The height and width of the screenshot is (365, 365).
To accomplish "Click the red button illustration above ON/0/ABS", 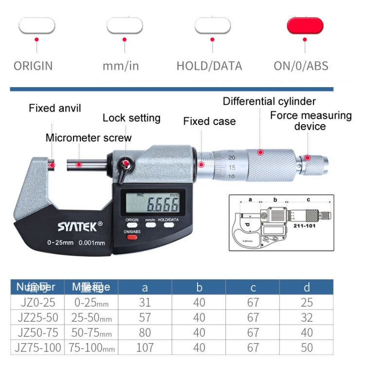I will pyautogui.click(x=305, y=26).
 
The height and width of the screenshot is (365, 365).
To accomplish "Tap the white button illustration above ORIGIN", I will pyautogui.click(x=36, y=26).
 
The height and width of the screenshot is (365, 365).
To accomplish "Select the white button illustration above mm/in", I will pyautogui.click(x=125, y=26).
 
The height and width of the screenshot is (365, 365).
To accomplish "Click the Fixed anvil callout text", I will pyautogui.click(x=55, y=108).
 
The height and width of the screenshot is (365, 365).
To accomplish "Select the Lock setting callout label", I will pyautogui.click(x=131, y=118).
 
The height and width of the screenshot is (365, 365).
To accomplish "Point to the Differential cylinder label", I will pyautogui.click(x=269, y=101).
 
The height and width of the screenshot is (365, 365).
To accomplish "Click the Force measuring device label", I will pyautogui.click(x=310, y=121).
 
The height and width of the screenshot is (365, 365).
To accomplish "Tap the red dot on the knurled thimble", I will pyautogui.click(x=260, y=152).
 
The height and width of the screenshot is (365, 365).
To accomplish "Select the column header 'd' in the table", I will pyautogui.click(x=306, y=288).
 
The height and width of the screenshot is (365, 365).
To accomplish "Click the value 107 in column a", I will pyautogui.click(x=145, y=347).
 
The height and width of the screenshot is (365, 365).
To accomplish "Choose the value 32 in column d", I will pyautogui.click(x=306, y=318).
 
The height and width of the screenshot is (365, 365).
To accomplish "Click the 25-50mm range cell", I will pyautogui.click(x=92, y=318).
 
